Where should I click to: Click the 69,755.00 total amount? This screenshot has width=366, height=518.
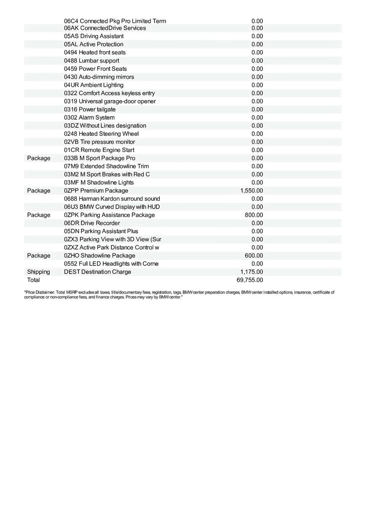250,280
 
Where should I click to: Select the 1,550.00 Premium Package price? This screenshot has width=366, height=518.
252,191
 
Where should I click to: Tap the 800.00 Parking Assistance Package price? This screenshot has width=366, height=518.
254,215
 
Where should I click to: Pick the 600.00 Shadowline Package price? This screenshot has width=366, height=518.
254,256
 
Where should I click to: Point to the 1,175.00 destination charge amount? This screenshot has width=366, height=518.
252,272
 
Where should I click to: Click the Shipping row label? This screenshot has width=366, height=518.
38,272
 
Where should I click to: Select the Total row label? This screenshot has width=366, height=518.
33,280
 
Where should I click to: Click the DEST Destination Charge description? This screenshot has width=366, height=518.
98,272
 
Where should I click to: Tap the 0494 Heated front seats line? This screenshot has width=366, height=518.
95,53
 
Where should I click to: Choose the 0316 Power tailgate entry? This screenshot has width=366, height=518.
90,110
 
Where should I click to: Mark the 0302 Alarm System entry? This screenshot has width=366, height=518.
89,117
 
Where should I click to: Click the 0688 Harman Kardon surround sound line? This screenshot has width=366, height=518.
112,199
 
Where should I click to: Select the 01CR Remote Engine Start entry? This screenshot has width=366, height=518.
99,150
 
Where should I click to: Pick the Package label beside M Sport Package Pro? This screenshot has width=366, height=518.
38,158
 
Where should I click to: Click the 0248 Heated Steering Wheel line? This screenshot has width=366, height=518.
101,134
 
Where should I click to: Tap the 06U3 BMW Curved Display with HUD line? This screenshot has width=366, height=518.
112,207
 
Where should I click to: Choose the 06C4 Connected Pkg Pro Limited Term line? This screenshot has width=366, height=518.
115,21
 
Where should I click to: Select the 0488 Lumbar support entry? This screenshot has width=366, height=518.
91,61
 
